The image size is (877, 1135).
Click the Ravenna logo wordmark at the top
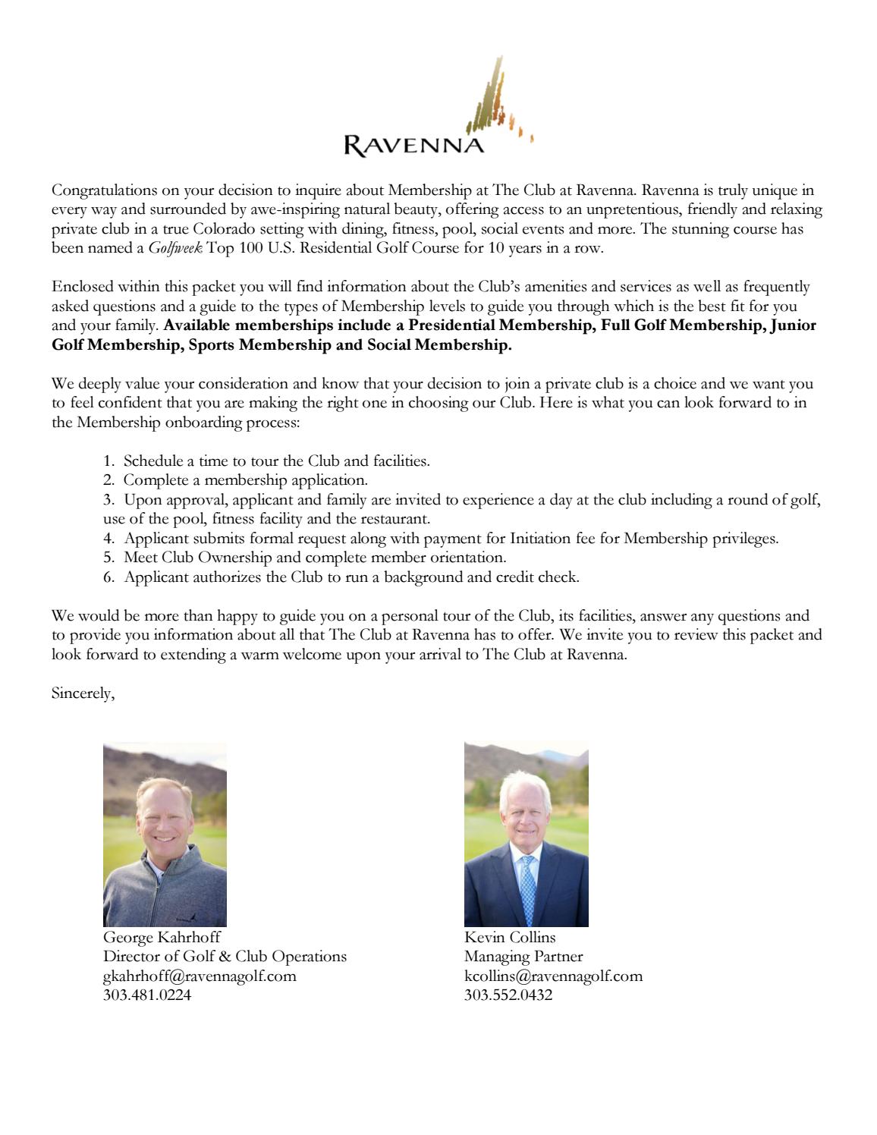tap(414, 144)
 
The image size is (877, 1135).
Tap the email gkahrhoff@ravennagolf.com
tap(200, 976)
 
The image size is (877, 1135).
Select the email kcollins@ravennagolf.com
tap(553, 976)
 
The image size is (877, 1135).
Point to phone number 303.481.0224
tap(147, 995)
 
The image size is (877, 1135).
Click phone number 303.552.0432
tap(508, 995)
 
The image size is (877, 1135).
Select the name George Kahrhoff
tap(162, 938)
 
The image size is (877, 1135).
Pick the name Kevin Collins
tap(510, 938)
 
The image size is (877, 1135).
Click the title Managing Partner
tap(523, 957)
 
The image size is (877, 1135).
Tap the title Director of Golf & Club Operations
tap(225, 957)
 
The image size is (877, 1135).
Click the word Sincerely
tap(83, 693)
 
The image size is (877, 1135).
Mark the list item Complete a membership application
tap(245, 480)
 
